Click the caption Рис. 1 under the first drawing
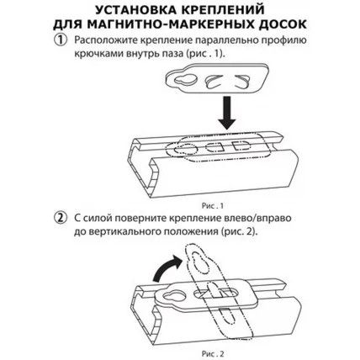click(x=201, y=202)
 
